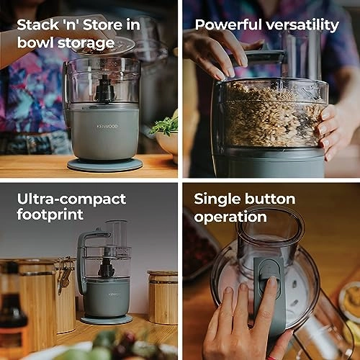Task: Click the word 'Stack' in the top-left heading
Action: [37, 24]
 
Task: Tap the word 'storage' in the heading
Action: [86, 43]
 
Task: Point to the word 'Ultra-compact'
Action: [71, 199]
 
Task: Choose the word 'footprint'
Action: [50, 215]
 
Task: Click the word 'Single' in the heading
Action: [217, 199]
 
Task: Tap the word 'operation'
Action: [230, 217]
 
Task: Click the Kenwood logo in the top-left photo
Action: [107, 127]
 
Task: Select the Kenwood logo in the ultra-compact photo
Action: [114, 294]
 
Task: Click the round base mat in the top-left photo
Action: [105, 165]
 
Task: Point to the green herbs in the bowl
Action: [165, 125]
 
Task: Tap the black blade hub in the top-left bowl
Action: [105, 89]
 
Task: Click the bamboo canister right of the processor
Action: [163, 297]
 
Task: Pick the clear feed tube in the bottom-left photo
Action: [117, 234]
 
